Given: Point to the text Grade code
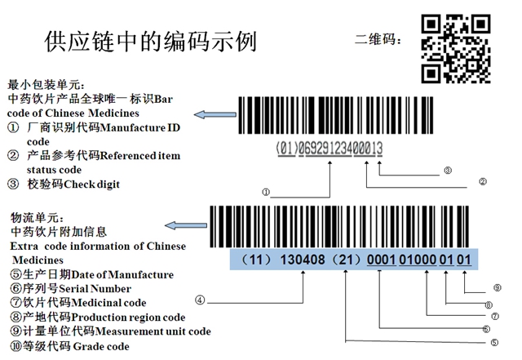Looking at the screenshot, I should [101, 346].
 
